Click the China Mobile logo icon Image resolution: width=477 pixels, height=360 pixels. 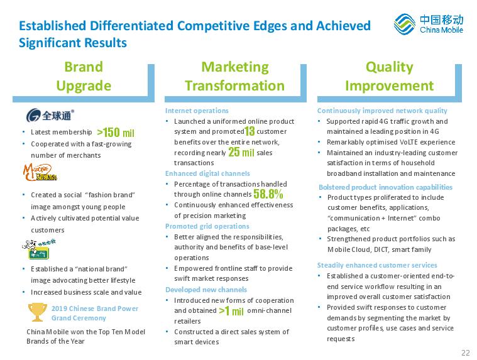tap(404, 24)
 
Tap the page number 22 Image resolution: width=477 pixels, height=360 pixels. tap(466, 352)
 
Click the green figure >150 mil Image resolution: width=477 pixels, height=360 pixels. tap(116, 133)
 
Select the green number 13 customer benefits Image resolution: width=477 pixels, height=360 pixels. tap(249, 131)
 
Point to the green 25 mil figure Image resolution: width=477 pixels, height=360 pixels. tap(241, 151)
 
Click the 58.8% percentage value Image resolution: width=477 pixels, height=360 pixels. tap(268, 194)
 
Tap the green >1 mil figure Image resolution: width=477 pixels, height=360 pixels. tap(231, 311)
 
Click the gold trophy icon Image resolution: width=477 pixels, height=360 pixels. tap(38, 312)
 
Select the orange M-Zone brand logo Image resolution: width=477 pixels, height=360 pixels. tap(40, 172)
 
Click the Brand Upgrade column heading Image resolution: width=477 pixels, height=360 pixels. tap(84, 76)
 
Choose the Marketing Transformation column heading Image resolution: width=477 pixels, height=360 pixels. tap(235, 76)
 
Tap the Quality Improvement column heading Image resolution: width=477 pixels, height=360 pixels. tap(390, 76)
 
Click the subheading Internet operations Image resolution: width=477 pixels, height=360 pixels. tap(197, 111)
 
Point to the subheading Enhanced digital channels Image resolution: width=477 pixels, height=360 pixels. tap(207, 173)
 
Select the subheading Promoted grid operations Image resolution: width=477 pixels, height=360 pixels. tap(207, 226)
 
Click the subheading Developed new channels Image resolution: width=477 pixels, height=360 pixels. tap(206, 290)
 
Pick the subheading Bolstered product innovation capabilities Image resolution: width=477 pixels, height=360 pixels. tap(385, 187)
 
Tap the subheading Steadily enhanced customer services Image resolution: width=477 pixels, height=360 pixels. tap(377, 265)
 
